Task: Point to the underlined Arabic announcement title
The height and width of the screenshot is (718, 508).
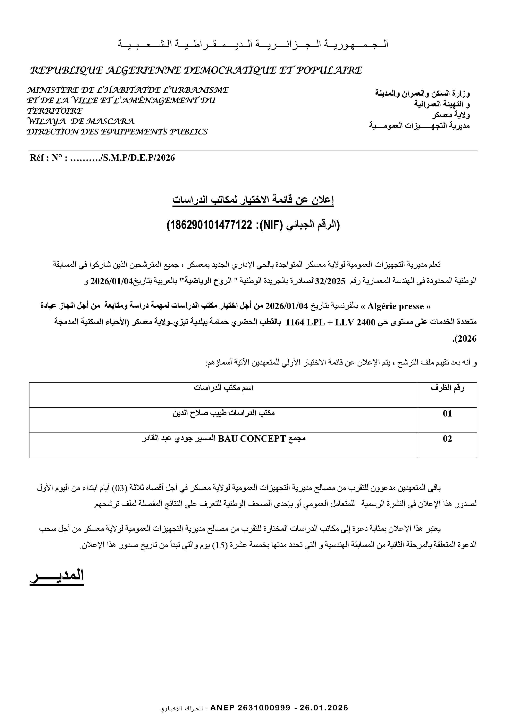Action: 253,200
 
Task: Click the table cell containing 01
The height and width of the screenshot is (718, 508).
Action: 447,414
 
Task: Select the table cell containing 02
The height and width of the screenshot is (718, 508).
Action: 447,439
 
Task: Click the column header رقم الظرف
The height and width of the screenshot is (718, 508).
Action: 447,388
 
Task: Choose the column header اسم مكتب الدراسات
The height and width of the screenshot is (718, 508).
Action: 223,388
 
